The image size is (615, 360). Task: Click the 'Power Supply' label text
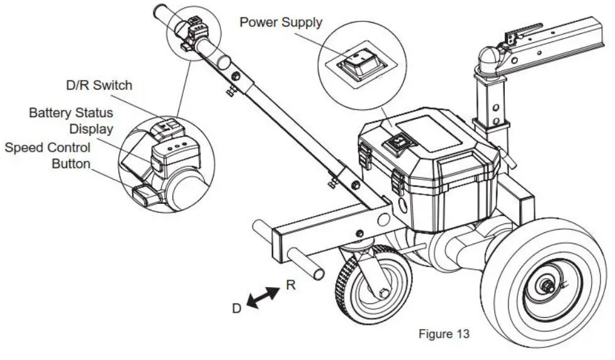[281, 23]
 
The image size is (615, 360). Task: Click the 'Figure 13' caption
[444, 333]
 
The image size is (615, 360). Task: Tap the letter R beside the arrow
[290, 284]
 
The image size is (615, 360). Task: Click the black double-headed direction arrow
[264, 297]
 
